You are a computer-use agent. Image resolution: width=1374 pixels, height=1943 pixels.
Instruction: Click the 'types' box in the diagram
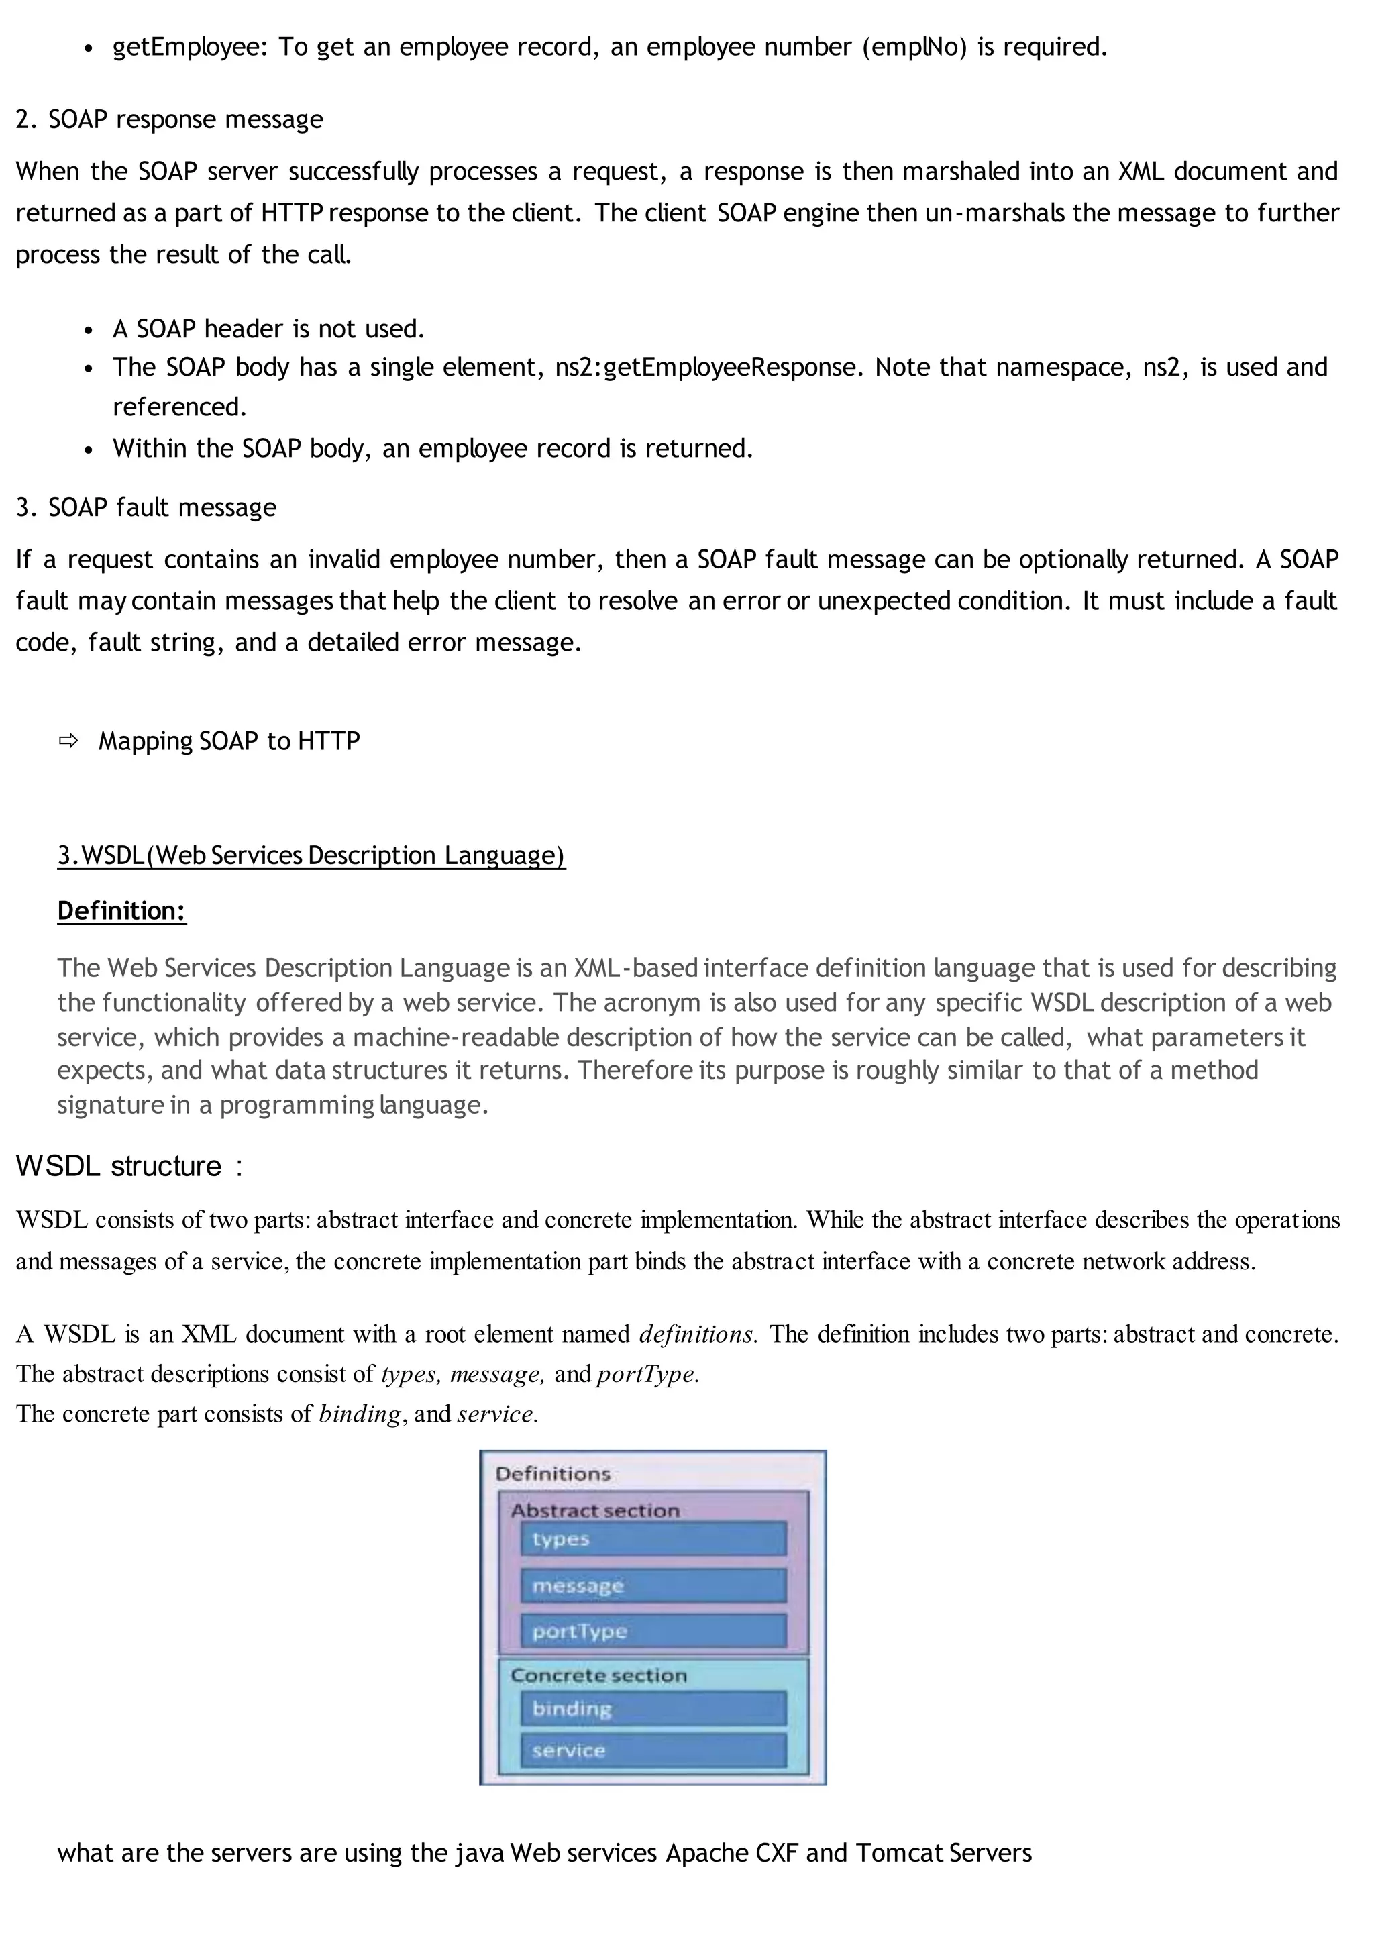pyautogui.click(x=652, y=1538)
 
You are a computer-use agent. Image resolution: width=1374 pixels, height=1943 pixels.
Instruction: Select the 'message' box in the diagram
pyautogui.click(x=652, y=1585)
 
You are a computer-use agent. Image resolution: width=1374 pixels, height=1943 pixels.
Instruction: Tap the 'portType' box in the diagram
pyautogui.click(x=652, y=1631)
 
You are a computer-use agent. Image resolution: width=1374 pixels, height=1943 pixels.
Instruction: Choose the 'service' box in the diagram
pyautogui.click(x=652, y=1750)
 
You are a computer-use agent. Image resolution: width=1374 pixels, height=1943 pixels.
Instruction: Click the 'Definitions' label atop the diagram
pyautogui.click(x=552, y=1474)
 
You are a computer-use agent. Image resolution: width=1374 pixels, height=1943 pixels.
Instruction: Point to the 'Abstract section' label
pyautogui.click(x=595, y=1510)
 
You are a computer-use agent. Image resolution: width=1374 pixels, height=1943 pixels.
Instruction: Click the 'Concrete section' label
pyautogui.click(x=598, y=1675)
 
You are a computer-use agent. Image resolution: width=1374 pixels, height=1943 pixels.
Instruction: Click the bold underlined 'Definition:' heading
pyautogui.click(x=122, y=911)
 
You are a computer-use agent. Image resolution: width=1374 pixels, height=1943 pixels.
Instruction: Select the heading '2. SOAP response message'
pyautogui.click(x=169, y=119)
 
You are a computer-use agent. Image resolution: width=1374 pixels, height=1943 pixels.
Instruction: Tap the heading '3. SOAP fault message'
pyautogui.click(x=146, y=507)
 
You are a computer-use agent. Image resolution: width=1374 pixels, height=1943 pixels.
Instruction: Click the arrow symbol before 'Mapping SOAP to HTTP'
pyautogui.click(x=68, y=741)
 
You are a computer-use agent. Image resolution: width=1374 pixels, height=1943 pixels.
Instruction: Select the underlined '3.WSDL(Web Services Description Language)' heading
pyautogui.click(x=311, y=855)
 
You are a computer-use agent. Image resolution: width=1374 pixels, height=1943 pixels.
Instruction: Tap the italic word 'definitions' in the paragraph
pyautogui.click(x=696, y=1334)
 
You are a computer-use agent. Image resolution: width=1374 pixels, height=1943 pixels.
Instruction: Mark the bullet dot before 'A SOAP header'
pyautogui.click(x=88, y=330)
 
